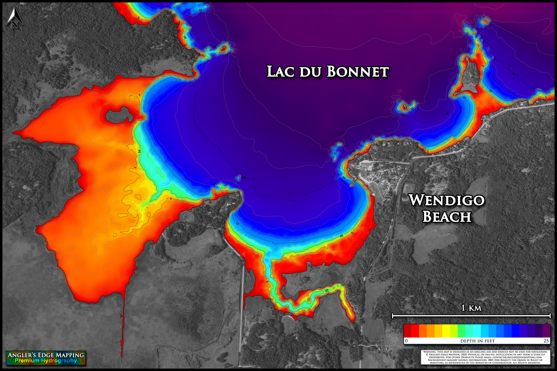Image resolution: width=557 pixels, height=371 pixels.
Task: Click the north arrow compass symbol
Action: (x=14, y=14)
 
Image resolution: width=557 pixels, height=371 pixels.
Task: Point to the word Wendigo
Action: (x=446, y=200)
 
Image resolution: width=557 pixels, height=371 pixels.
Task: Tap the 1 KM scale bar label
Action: (x=470, y=307)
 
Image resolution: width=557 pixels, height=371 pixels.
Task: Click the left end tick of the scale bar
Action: (x=392, y=316)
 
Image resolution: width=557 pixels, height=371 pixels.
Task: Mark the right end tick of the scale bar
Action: (x=550, y=316)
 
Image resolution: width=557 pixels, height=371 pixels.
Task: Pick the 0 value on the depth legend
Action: (x=406, y=341)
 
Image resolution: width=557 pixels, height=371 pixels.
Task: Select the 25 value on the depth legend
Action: (x=546, y=341)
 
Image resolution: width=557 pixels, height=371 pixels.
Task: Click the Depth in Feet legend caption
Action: (x=477, y=341)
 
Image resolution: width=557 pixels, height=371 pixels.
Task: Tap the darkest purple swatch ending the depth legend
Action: (x=546, y=330)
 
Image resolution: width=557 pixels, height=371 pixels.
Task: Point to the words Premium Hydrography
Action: (x=45, y=361)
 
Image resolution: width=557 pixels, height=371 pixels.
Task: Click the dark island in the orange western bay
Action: (x=117, y=115)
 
